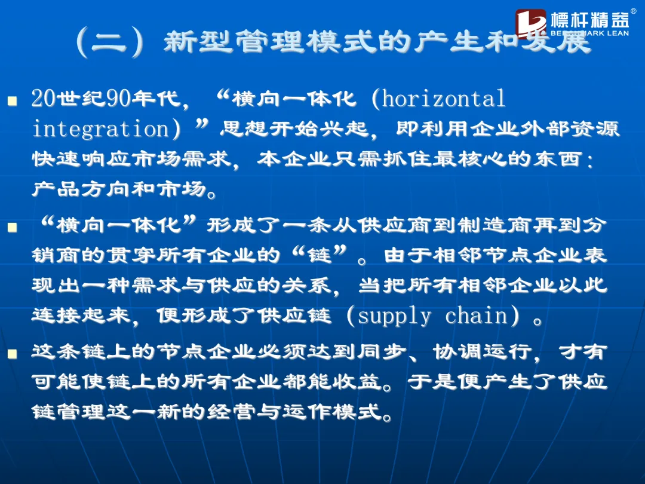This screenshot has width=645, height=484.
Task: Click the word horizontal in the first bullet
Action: (444, 99)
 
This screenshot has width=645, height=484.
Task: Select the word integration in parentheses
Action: (100, 129)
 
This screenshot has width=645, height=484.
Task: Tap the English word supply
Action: (395, 317)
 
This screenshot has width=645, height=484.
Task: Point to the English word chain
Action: (477, 315)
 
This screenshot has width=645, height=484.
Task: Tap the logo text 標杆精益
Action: (589, 20)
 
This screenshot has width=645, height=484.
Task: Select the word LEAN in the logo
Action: (618, 33)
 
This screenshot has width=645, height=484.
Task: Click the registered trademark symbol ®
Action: (634, 11)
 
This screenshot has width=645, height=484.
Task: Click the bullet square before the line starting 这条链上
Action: (12, 354)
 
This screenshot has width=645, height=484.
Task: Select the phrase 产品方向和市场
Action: (119, 189)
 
